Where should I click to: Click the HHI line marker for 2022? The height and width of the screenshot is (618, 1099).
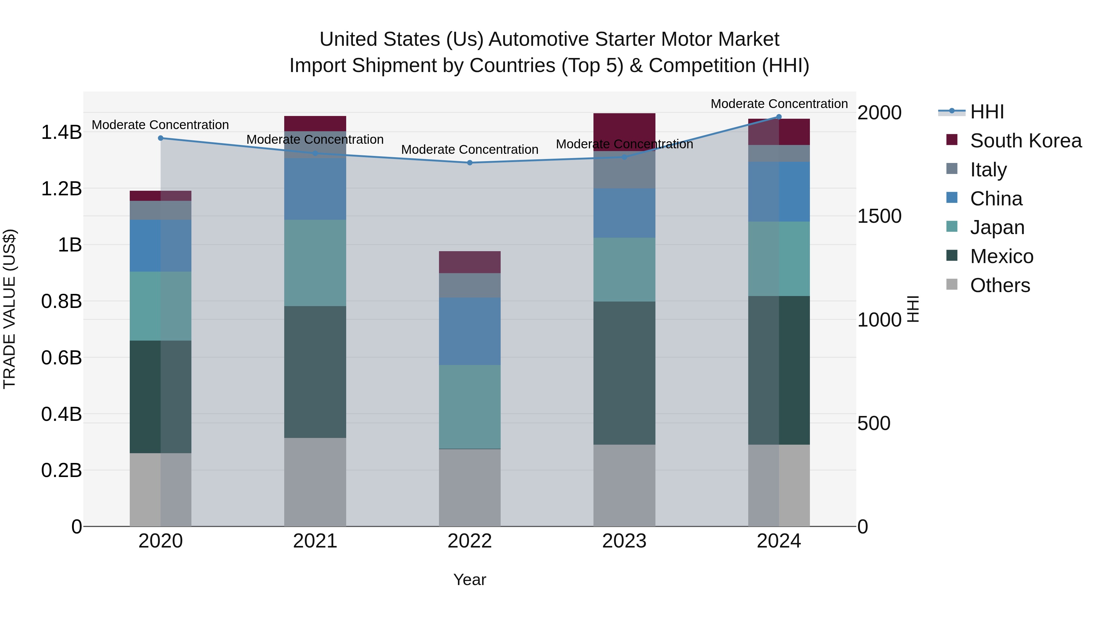(470, 162)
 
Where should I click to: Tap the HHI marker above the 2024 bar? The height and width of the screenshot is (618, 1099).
(778, 117)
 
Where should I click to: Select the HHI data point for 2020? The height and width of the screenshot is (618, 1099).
(160, 138)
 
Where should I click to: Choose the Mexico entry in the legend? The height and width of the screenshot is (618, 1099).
(1001, 256)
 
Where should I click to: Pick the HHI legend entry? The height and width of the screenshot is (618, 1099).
(987, 112)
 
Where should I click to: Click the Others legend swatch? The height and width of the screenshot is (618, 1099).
(952, 284)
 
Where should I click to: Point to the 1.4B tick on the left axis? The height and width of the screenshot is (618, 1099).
(61, 132)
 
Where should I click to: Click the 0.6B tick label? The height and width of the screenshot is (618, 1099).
(61, 357)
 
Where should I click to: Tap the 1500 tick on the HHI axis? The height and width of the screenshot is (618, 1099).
(879, 216)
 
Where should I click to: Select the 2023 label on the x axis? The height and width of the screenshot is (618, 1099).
(624, 541)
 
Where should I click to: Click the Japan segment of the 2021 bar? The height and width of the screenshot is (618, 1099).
(315, 263)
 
